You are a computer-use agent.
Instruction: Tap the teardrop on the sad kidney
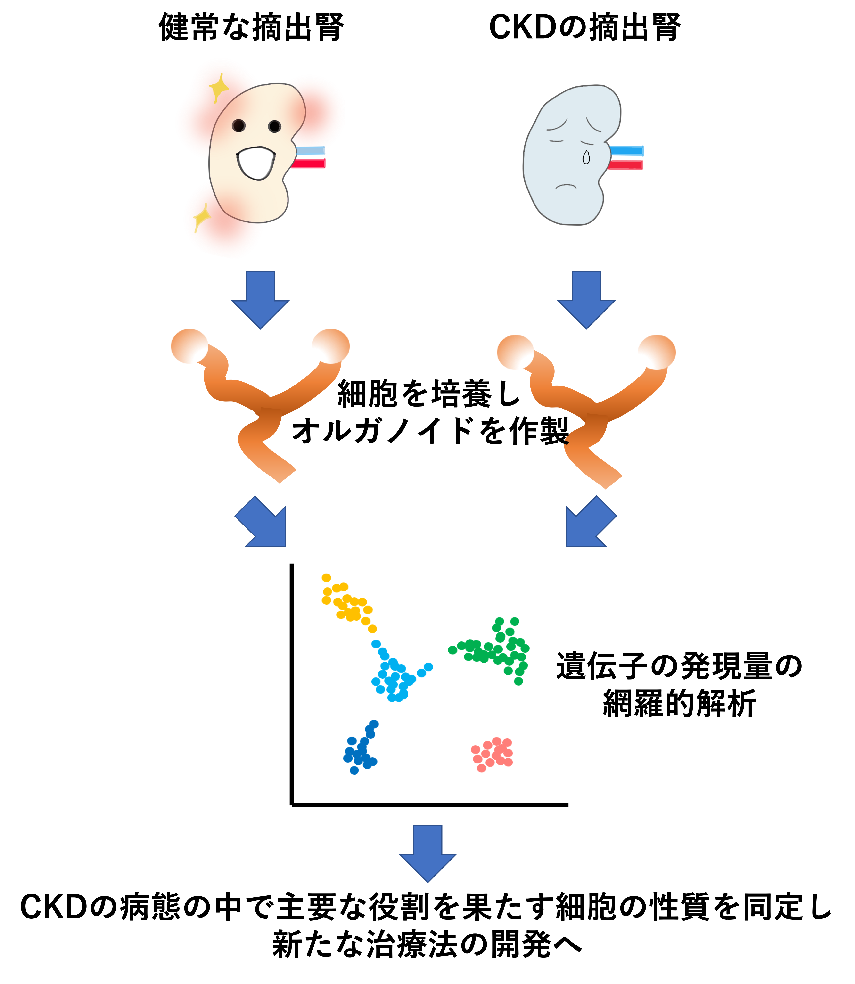pos(586,157)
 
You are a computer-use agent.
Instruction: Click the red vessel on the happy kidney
pos(308,164)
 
